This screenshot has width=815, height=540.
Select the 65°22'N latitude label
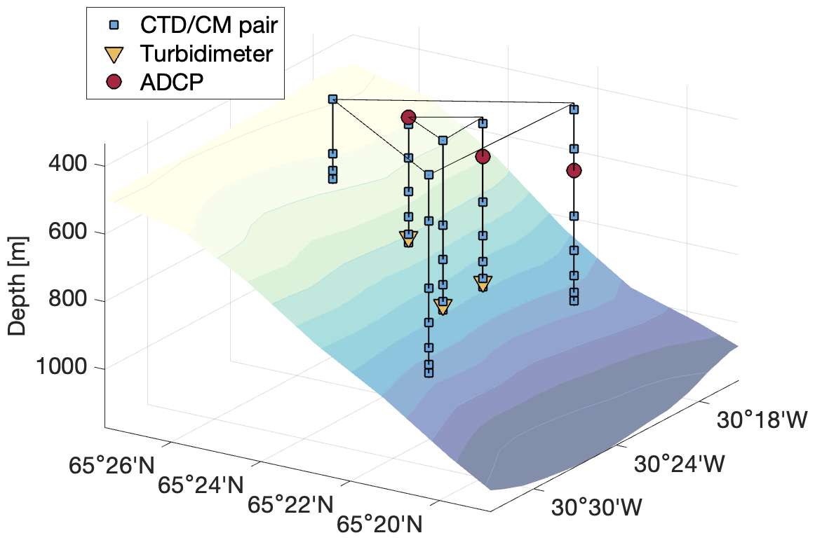pos(287,504)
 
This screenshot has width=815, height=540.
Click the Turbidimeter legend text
pos(206,54)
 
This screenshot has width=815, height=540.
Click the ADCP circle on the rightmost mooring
pos(574,170)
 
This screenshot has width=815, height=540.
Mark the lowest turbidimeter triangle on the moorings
pos(443,306)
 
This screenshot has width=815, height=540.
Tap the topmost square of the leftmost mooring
pos(333,99)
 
